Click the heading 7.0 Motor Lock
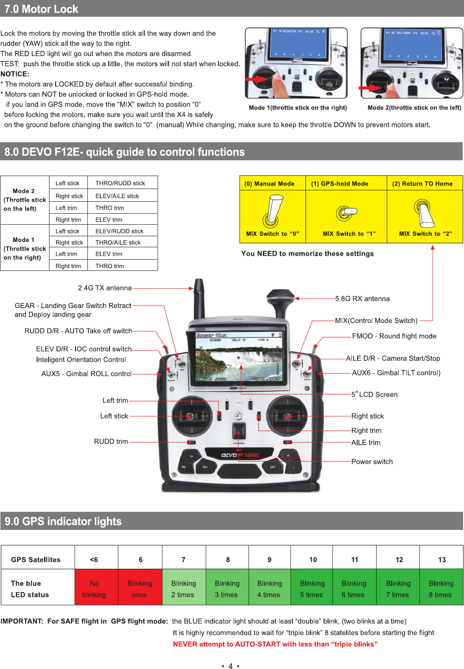point(41,9)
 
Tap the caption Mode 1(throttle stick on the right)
point(298,108)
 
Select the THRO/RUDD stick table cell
point(120,183)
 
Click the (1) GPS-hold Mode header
point(340,184)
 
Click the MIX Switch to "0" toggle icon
point(272,212)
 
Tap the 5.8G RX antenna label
point(362,299)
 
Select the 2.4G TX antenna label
point(105,288)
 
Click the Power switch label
point(372,461)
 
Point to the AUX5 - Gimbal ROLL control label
point(87,374)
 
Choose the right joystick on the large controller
point(287,416)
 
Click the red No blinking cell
point(94,589)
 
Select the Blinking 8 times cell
point(441,589)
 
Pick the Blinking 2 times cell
point(183,589)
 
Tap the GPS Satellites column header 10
point(313,559)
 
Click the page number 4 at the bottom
point(230,666)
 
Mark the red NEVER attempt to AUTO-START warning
point(275,644)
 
